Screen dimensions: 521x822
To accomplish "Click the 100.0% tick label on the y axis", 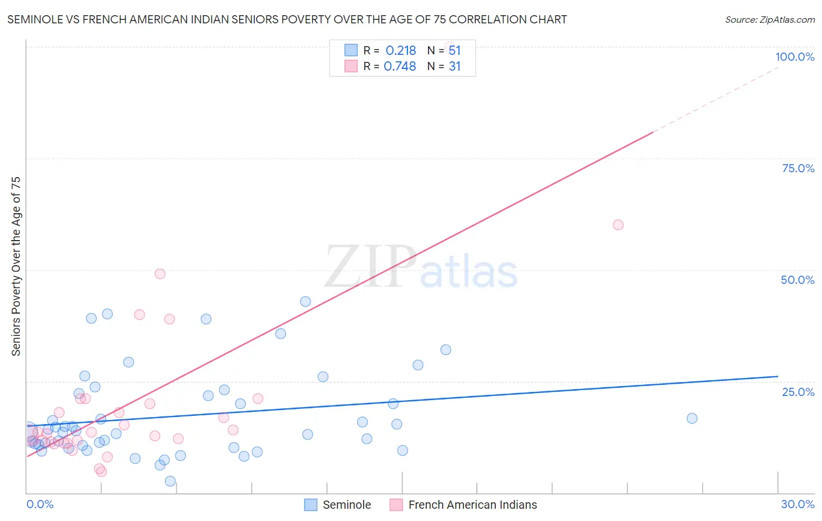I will pyautogui.click(x=795, y=57).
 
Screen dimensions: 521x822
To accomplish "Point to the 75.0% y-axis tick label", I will pyautogui.click(x=798, y=168).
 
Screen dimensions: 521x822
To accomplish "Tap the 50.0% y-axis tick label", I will pyautogui.click(x=797, y=280).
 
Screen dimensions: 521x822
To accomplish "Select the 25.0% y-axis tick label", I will pyautogui.click(x=798, y=392).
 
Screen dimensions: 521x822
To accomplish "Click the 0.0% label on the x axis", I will pyautogui.click(x=40, y=504).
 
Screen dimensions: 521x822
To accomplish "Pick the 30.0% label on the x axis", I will pyautogui.click(x=797, y=504).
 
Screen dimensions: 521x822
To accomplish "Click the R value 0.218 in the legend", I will pyautogui.click(x=400, y=51).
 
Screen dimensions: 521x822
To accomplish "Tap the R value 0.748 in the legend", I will pyautogui.click(x=399, y=67).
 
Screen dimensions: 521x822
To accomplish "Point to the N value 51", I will pyautogui.click(x=454, y=51).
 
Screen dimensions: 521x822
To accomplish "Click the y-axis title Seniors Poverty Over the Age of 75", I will pyautogui.click(x=16, y=266).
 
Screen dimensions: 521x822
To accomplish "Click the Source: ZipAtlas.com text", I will pyautogui.click(x=769, y=20).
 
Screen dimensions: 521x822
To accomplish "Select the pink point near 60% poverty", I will pyautogui.click(x=618, y=225).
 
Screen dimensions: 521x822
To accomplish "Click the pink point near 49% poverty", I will pyautogui.click(x=160, y=274).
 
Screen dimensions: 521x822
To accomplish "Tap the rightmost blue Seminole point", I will pyautogui.click(x=692, y=418).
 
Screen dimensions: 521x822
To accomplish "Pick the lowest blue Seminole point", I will pyautogui.click(x=170, y=481).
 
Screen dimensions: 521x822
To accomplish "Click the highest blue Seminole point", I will pyautogui.click(x=305, y=301).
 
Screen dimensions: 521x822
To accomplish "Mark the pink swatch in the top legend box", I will pyautogui.click(x=351, y=66).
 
